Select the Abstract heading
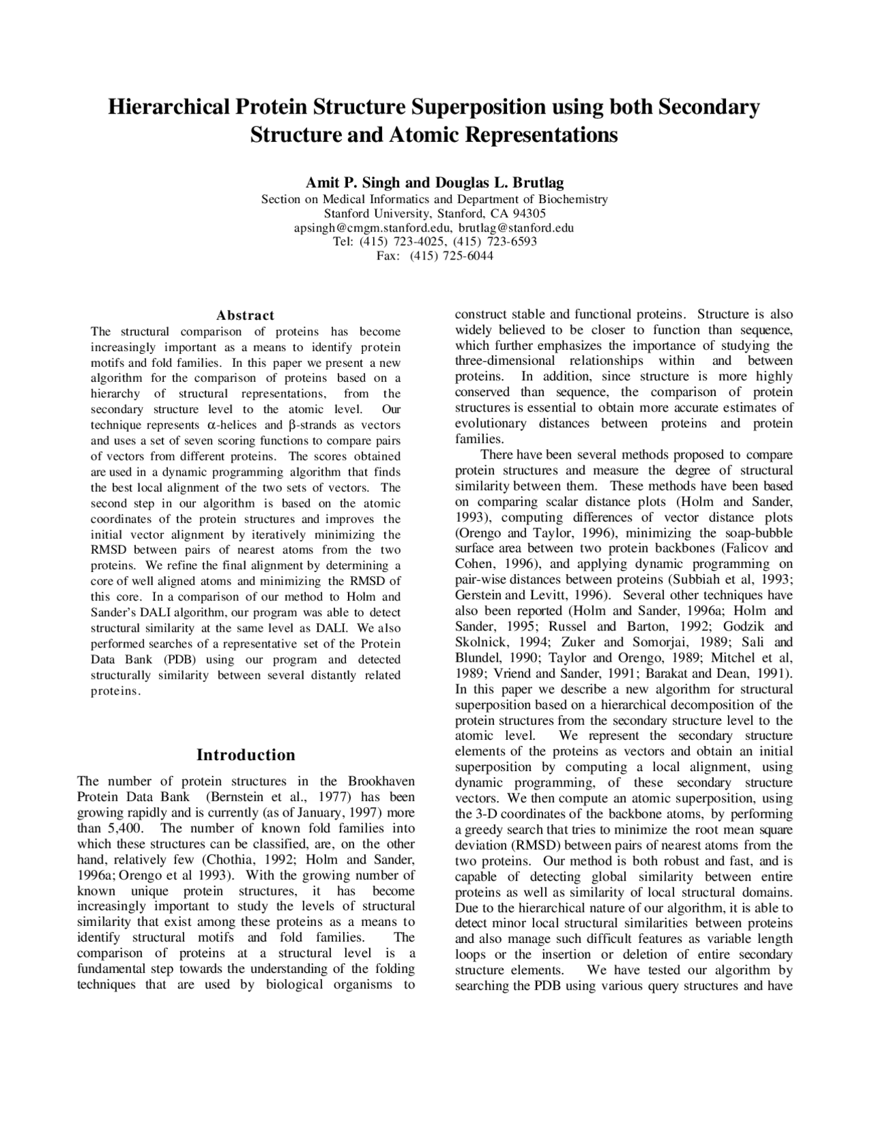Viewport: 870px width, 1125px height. [x=245, y=315]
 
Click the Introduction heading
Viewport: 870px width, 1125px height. [x=245, y=755]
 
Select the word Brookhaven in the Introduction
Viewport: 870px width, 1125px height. [x=381, y=781]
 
